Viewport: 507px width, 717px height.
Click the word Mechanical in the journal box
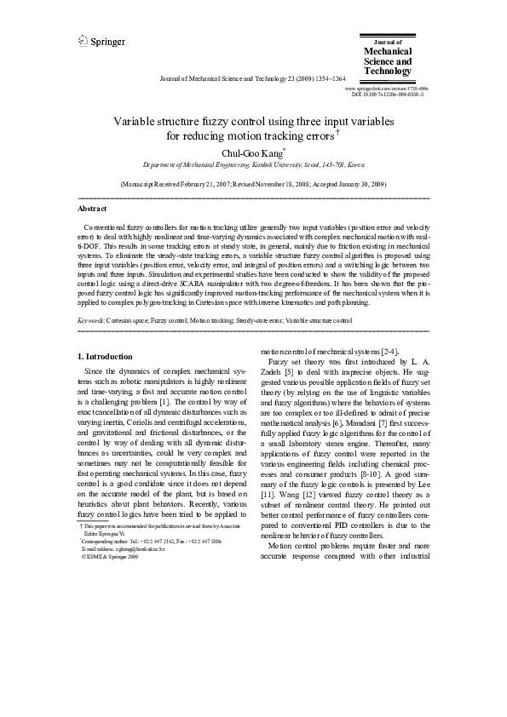tap(388, 51)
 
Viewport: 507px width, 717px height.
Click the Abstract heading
tap(92, 209)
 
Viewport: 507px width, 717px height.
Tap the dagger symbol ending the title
tap(339, 132)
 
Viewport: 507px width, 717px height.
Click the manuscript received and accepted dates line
tap(253, 184)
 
